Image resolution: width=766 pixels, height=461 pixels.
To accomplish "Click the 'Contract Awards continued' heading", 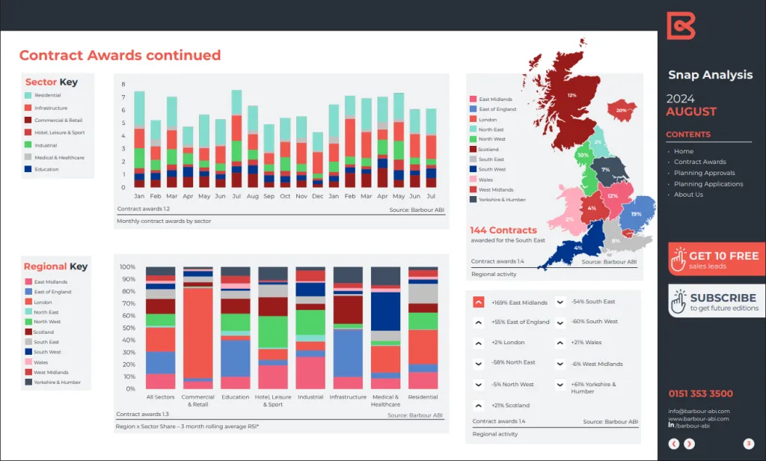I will point(120,55).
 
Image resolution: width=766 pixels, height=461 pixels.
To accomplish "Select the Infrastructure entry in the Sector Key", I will point(50,108).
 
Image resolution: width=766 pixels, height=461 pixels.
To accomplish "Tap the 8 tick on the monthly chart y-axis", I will point(123,85).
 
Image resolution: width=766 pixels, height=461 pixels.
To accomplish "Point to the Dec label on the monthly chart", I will point(318,196).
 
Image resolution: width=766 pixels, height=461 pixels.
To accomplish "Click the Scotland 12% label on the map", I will point(572,96).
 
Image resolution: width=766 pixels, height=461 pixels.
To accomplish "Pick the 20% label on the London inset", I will point(621,110).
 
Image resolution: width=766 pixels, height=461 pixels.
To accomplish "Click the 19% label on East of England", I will point(636,214).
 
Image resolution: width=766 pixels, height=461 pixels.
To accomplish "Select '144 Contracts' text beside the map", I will point(503,230).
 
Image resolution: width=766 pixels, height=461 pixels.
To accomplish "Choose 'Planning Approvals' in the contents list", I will point(704,173).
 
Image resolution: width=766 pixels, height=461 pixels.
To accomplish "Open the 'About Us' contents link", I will point(688,195).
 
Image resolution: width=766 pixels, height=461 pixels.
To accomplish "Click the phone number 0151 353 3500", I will point(700,394).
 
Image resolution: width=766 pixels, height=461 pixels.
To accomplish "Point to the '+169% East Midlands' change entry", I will point(518,302).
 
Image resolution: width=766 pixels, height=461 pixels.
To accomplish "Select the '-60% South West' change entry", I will point(594,322).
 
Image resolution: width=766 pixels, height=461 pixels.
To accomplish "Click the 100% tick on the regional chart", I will point(127,267).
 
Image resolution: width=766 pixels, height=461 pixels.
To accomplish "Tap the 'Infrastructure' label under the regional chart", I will point(348,397).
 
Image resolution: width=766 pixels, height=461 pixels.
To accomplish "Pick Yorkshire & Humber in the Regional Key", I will point(57,382).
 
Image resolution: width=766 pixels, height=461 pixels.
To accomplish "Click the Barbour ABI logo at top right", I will point(681,25).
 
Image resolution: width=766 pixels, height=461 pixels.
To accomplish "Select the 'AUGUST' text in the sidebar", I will point(691,112).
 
